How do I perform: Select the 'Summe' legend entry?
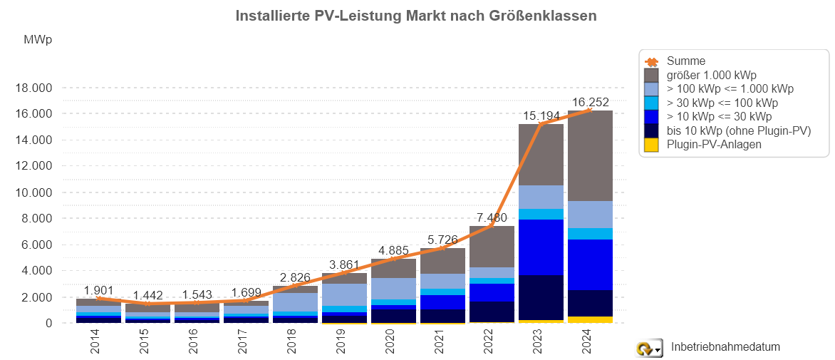pyautogui.click(x=685, y=61)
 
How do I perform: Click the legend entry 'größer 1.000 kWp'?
pyautogui.click(x=711, y=75)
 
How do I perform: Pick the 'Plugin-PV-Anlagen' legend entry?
pyautogui.click(x=714, y=145)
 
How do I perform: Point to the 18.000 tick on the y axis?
pyautogui.click(x=33, y=88)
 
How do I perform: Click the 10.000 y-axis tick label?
pyautogui.click(x=33, y=193)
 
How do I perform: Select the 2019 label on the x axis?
pyautogui.click(x=345, y=342)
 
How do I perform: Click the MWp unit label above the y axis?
pyautogui.click(x=38, y=40)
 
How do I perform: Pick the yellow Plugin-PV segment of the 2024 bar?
pyautogui.click(x=591, y=319)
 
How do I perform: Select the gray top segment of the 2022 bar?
pyautogui.click(x=492, y=247)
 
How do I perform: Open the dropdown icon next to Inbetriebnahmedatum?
pyautogui.click(x=649, y=348)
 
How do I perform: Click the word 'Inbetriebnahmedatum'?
pyautogui.click(x=725, y=347)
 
